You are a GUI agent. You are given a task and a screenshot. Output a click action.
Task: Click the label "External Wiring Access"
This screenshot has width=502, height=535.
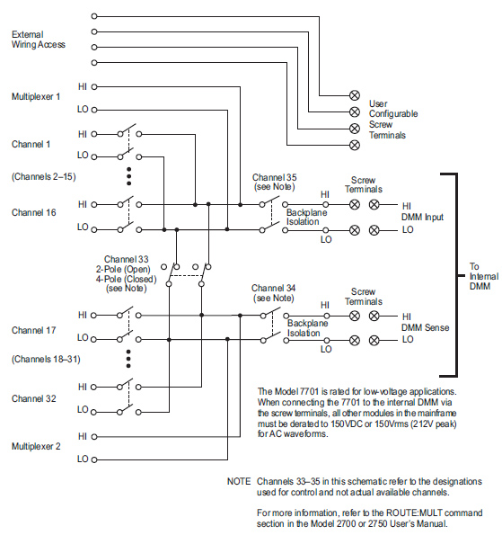tap(39, 40)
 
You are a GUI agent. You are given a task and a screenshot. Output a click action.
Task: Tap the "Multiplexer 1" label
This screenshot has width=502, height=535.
tap(36, 96)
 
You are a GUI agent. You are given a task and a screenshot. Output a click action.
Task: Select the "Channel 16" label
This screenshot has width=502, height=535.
tap(34, 212)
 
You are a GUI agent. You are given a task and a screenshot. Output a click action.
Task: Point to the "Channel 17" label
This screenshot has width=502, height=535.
tap(34, 330)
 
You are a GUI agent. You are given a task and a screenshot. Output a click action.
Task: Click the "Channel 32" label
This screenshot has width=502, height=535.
tap(34, 398)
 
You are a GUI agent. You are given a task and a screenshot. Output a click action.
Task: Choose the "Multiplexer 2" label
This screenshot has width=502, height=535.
tap(36, 446)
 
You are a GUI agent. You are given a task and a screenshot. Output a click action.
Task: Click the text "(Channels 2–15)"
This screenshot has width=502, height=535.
tap(44, 177)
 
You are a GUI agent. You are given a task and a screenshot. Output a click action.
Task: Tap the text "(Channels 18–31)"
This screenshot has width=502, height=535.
tap(46, 360)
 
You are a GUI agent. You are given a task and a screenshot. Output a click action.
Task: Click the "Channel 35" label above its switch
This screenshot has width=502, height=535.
tap(274, 177)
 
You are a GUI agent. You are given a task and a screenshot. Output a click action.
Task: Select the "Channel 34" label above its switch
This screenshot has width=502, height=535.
tap(273, 288)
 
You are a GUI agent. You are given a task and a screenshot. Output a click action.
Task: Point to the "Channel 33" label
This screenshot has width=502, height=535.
tap(126, 259)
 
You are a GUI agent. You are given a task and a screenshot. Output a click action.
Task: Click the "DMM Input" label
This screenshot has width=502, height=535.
tap(422, 217)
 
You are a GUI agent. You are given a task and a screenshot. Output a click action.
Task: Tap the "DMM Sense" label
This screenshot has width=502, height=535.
tap(425, 327)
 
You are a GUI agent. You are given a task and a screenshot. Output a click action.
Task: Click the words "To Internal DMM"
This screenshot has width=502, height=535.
tap(484, 276)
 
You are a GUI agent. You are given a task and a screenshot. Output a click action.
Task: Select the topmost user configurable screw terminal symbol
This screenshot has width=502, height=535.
tap(355, 95)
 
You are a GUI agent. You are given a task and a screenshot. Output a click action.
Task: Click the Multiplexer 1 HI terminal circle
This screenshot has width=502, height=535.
tap(94, 87)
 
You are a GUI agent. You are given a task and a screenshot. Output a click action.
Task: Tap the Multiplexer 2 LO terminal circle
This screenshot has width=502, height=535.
tap(94, 459)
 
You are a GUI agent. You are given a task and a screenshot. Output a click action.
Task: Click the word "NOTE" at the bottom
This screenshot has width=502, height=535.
tap(239, 481)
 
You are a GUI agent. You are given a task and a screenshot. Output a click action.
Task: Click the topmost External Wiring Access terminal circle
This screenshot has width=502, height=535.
tap(94, 16)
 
